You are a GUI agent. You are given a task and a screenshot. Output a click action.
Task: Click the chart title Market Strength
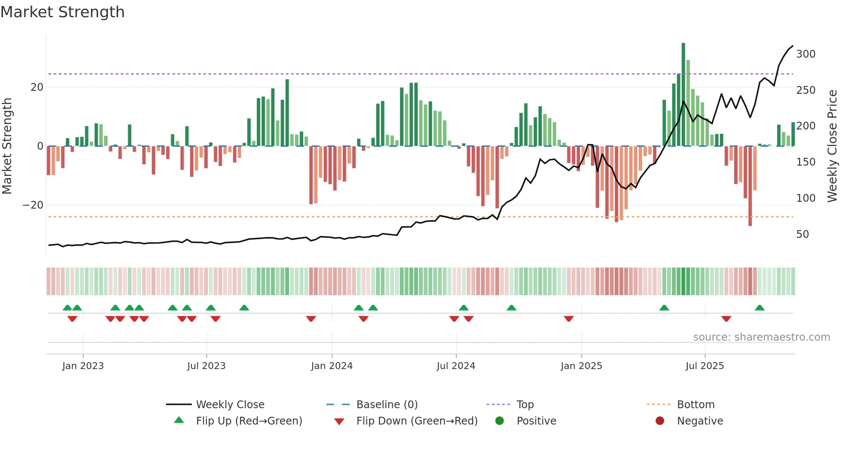pos(62,12)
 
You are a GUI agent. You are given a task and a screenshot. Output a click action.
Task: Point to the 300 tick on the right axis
pos(806,54)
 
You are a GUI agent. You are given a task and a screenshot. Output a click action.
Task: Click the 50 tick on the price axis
pos(802,234)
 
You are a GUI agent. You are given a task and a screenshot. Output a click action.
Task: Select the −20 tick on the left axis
pos(33,205)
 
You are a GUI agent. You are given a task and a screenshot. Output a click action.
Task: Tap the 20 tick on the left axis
pos(37,87)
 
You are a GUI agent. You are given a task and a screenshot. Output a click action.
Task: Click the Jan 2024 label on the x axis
pos(332,366)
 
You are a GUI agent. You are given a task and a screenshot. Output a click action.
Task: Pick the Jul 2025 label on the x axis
pos(705,366)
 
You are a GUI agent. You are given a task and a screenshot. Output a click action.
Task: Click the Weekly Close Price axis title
pos(832,146)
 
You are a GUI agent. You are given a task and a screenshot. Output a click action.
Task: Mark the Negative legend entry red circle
pos(660,421)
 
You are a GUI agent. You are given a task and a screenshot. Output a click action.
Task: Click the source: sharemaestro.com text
pos(761,337)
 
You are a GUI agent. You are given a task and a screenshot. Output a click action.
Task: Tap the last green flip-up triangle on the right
pos(760,308)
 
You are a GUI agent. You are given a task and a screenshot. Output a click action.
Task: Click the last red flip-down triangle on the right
pos(726,319)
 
